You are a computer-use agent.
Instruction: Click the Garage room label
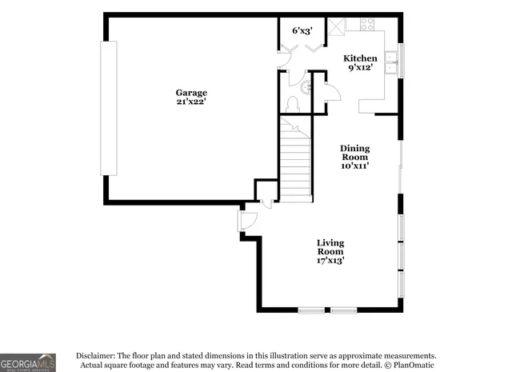pos(191,93)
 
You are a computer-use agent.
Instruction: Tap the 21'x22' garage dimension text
pos(191,102)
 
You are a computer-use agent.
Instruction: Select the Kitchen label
pos(360,58)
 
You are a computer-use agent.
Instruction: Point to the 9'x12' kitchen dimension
pos(360,69)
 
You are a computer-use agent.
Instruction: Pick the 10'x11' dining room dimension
pos(354,166)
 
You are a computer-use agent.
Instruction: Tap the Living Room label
pos(330,247)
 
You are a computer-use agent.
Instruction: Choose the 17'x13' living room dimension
pos(330,260)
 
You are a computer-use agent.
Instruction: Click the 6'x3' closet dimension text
pos(302,30)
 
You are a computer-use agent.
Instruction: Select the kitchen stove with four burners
pos(368,24)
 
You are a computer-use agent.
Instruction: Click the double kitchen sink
pos(390,62)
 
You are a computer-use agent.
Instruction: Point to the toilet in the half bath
pos(293,104)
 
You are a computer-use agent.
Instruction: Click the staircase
pos(295,158)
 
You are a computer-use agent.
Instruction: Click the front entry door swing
pos(247,220)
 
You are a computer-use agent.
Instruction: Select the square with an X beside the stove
pos(339,24)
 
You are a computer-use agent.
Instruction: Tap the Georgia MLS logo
pos(28,362)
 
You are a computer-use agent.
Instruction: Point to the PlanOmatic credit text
pos(412,366)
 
